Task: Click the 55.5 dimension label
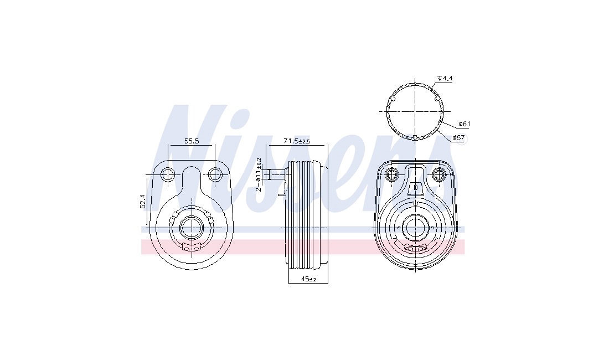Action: pos(192,141)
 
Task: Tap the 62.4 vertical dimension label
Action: pos(142,202)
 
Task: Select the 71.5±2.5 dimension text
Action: pos(297,141)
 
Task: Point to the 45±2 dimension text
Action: pos(308,279)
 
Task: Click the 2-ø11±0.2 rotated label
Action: pos(259,175)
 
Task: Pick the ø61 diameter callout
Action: pos(464,124)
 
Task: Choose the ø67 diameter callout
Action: pos(458,137)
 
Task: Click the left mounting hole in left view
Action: pos(168,174)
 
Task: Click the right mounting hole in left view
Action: pos(214,174)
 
